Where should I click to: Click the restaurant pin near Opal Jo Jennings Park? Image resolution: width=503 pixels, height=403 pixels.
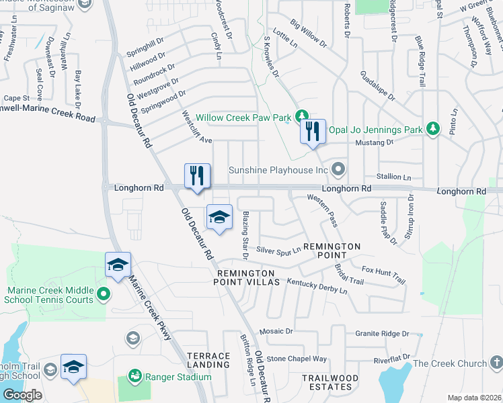(313, 131)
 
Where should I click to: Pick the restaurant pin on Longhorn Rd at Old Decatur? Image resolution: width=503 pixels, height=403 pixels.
(198, 176)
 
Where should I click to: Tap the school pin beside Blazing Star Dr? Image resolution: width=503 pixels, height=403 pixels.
(219, 217)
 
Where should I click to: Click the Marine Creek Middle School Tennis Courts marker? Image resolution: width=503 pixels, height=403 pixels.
(103, 294)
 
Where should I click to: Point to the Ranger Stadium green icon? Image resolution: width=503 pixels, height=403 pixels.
(134, 375)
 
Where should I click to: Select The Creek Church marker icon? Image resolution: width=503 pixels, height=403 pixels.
(496, 363)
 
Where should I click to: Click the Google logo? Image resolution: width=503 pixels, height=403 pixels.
(22, 395)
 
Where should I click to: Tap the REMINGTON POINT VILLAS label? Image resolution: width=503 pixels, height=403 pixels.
(245, 279)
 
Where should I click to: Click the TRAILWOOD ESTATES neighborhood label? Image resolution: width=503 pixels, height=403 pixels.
(330, 383)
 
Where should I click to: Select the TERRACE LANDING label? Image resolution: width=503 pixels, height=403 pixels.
(208, 359)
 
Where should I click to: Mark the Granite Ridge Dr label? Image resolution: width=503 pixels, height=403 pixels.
(382, 333)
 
